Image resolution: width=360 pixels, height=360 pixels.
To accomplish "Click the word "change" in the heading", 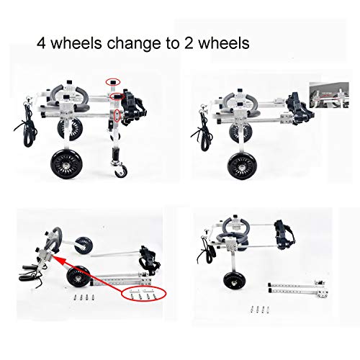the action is click(x=134, y=43).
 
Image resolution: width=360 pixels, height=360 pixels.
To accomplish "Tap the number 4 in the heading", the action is click(x=41, y=43).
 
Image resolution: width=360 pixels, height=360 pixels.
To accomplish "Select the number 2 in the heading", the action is click(x=189, y=43).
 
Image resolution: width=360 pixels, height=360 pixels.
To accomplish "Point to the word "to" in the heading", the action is click(x=173, y=44).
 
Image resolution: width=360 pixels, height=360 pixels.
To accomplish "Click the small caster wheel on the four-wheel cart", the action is click(x=120, y=171).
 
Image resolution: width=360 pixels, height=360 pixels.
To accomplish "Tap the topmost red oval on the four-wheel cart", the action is click(x=113, y=82).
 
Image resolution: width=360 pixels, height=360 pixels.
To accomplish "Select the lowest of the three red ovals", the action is click(x=117, y=115).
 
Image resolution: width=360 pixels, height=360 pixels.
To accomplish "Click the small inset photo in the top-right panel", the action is click(x=329, y=94).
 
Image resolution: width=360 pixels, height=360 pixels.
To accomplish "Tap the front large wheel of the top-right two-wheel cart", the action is click(x=242, y=166).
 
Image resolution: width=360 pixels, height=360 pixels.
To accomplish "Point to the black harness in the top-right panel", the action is click(x=300, y=108).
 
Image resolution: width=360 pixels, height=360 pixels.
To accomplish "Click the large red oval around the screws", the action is click(x=144, y=294).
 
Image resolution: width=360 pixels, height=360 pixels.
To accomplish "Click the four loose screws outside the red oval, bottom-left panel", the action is click(x=84, y=297).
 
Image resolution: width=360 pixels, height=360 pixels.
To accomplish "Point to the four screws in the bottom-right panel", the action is click(x=260, y=310).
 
